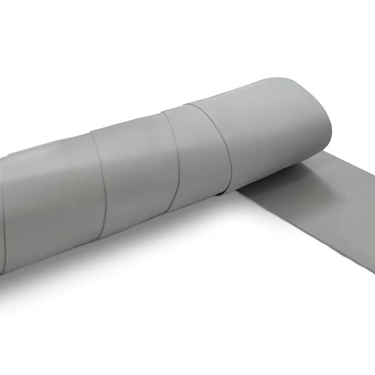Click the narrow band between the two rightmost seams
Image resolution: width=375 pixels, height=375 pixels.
pyautogui.click(x=197, y=150)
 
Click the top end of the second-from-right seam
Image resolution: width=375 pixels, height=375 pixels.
pyautogui.click(x=162, y=111)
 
